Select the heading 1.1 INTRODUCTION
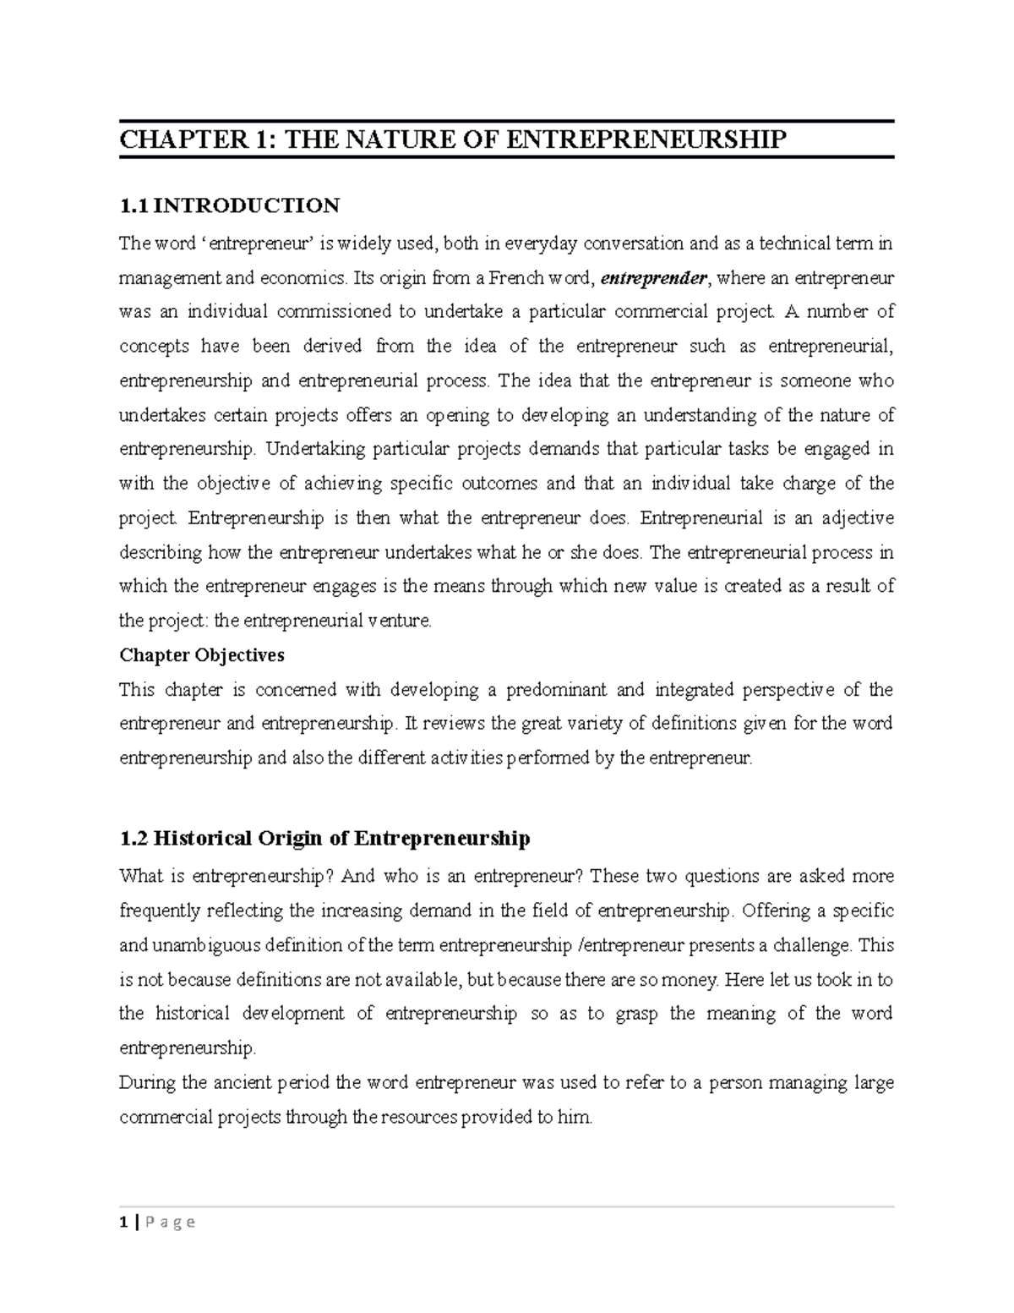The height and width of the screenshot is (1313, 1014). coord(229,205)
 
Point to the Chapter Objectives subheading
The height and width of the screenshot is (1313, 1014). coord(202,655)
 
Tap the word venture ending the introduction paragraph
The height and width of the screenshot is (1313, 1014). coord(400,621)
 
